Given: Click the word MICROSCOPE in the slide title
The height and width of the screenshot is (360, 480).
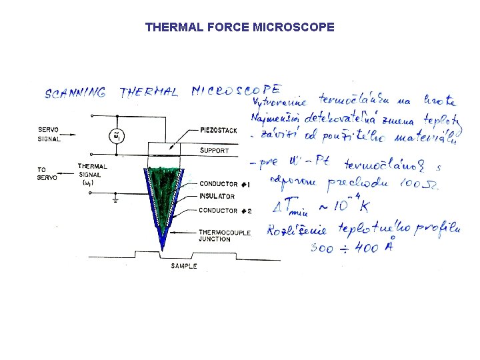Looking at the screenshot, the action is tap(294, 27).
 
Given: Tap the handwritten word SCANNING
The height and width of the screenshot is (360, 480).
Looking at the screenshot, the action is tap(75, 93).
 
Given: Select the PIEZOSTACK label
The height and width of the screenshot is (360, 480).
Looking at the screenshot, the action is tap(218, 130).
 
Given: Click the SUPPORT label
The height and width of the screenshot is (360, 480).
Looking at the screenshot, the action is tap(214, 151).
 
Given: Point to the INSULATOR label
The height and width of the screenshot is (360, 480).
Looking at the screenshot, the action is tap(217, 196).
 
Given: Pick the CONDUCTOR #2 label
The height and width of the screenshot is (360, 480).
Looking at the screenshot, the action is tap(225, 211).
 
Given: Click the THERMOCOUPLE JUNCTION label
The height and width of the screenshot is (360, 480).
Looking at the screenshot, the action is tap(224, 235).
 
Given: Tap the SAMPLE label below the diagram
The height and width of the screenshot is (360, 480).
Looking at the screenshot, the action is tap(184, 266).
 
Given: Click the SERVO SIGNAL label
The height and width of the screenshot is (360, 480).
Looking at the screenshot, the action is tap(49, 135).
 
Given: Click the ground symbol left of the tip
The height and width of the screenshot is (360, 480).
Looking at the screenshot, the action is tap(116, 198).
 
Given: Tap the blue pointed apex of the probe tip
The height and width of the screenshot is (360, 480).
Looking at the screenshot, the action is tap(161, 247).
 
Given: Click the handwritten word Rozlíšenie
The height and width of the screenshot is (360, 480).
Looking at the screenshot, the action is tap(289, 233).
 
